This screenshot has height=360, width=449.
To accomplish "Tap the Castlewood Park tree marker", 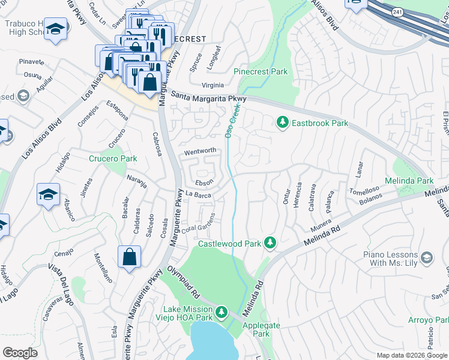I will (x=271, y=242).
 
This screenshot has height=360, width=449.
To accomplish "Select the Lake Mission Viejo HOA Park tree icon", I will (x=222, y=312).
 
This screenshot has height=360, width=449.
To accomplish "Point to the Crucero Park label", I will (x=113, y=158).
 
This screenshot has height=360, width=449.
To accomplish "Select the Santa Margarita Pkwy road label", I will (x=208, y=96).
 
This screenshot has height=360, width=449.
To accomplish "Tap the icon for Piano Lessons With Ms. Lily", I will (x=427, y=258).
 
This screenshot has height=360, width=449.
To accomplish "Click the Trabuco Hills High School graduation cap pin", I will (x=55, y=30).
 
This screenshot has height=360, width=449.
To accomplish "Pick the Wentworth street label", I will (x=200, y=151).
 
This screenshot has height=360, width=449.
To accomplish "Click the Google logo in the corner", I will (x=20, y=353).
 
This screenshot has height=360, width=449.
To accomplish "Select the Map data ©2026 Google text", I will (x=411, y=355).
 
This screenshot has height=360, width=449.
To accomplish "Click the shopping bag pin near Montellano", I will (x=129, y=257).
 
